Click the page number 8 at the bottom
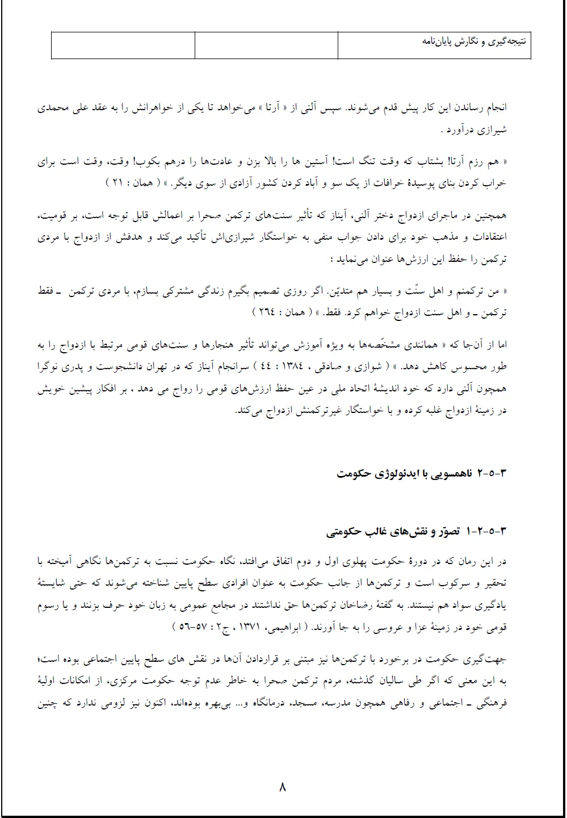click(283, 787)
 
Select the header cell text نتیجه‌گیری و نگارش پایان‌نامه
click(474, 41)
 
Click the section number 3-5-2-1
click(486, 532)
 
